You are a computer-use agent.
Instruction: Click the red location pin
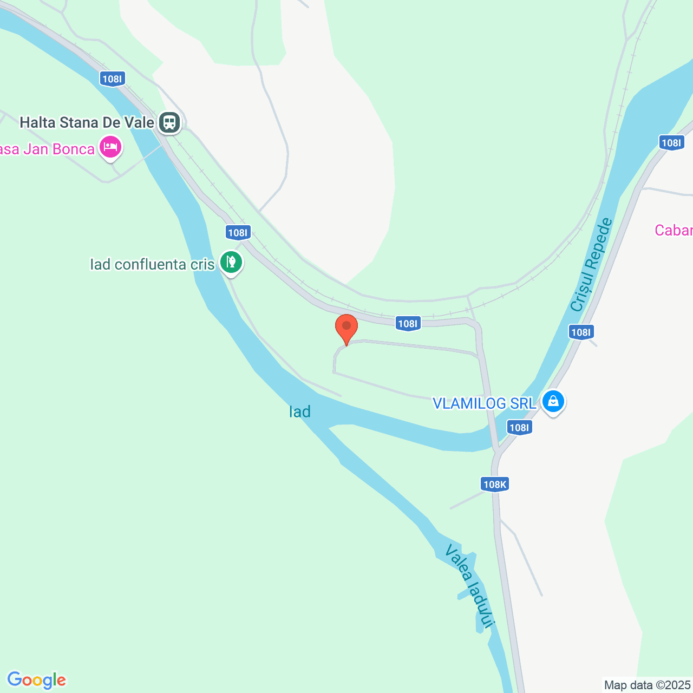click(346, 328)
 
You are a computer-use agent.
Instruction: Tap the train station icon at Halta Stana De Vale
click(169, 122)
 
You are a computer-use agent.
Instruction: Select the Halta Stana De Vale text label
click(87, 122)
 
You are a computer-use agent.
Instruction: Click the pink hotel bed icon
click(110, 147)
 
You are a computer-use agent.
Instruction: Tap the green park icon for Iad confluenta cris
click(231, 262)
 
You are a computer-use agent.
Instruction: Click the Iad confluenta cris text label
click(152, 264)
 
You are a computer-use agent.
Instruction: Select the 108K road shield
click(494, 484)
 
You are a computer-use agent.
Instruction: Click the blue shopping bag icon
click(553, 402)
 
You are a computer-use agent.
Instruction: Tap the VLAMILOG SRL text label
click(484, 403)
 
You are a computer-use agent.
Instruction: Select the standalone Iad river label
click(299, 412)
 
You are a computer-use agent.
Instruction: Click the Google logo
click(37, 680)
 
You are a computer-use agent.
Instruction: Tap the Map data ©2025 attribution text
click(648, 685)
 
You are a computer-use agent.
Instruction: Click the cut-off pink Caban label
click(674, 231)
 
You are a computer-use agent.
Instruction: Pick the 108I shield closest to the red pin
click(408, 324)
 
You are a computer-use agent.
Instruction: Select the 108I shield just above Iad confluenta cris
click(238, 233)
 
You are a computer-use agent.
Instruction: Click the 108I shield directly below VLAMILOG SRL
click(519, 428)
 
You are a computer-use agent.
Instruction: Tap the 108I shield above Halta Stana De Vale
click(113, 79)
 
